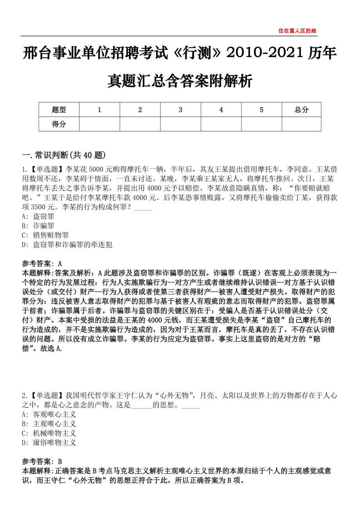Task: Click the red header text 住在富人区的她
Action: point(297,30)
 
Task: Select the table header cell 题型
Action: point(59,110)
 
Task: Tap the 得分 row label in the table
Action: point(59,124)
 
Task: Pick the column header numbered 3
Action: point(180,110)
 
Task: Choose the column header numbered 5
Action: point(261,110)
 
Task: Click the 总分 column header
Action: point(301,110)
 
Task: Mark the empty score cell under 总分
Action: point(301,124)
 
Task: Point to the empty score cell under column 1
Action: point(99,124)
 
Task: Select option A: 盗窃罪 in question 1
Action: point(38,216)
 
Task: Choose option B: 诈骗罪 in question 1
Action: point(38,226)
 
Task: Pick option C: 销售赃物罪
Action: point(45,235)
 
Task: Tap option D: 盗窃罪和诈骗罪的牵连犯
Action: point(67,245)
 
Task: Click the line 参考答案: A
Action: point(42,263)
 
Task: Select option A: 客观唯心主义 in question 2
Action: point(49,414)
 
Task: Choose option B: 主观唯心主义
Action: point(49,424)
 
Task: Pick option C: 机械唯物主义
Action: point(49,433)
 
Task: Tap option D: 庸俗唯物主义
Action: point(49,443)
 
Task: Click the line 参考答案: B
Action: point(42,461)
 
